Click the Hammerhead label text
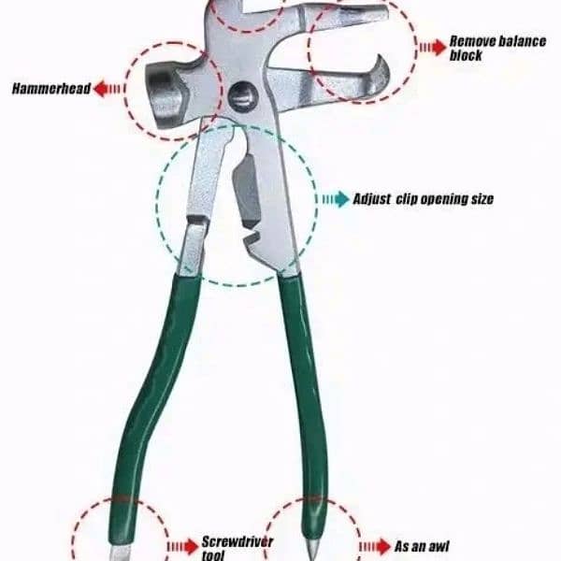(51, 89)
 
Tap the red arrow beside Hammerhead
(108, 89)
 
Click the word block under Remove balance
(466, 55)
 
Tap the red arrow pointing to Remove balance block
(433, 48)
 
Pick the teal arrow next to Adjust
(336, 199)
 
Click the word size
(482, 199)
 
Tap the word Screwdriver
(237, 541)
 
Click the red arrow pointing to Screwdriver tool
(183, 547)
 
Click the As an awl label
(422, 547)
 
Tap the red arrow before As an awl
(374, 547)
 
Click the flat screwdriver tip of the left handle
(121, 554)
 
